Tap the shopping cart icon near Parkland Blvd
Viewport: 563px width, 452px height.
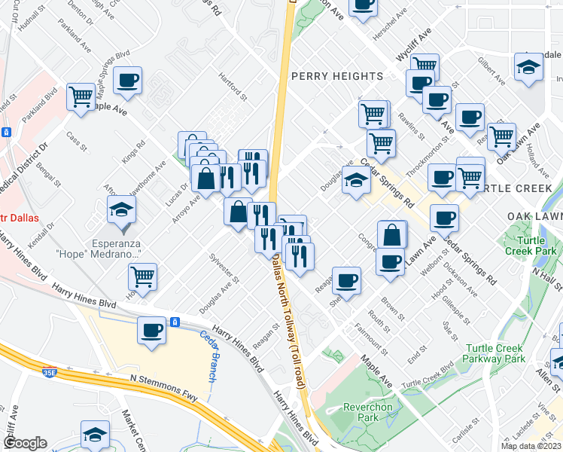(x=81, y=96)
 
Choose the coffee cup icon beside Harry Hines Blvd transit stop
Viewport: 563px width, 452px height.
(x=152, y=330)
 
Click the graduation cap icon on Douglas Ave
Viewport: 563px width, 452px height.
(x=357, y=180)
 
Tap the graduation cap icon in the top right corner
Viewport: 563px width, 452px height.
(x=528, y=66)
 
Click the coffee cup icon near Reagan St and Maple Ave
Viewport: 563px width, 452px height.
(x=346, y=280)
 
